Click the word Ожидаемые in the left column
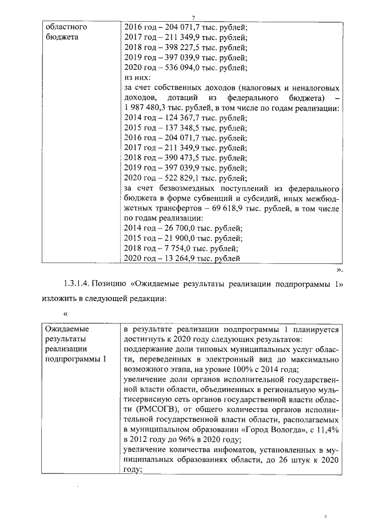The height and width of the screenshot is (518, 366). (69, 330)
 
